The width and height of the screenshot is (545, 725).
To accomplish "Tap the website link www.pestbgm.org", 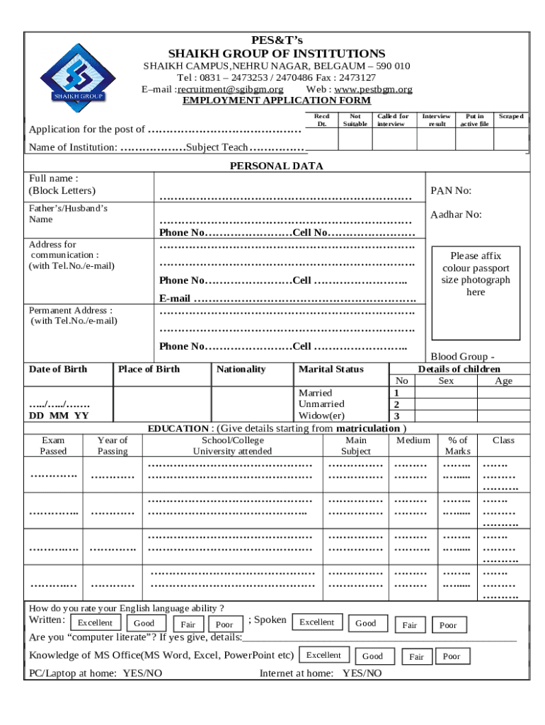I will (373, 89).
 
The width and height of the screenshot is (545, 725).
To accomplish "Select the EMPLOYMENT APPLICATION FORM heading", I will (277, 101).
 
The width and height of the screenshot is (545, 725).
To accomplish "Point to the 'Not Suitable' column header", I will (355, 120).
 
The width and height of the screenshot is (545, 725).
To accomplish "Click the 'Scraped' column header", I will (510, 116).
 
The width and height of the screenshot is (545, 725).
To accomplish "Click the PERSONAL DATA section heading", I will (276, 166).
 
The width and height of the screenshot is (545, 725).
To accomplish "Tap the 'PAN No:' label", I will (451, 191).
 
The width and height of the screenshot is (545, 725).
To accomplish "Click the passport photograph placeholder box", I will (476, 274).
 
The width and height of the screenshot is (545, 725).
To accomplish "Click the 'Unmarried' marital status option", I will (321, 404).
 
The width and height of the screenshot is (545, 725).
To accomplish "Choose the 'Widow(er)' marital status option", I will (321, 416).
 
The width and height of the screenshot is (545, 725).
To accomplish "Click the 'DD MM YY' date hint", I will (59, 416).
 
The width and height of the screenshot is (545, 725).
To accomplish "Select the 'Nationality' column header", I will (241, 369).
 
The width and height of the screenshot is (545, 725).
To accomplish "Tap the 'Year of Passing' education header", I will (113, 445).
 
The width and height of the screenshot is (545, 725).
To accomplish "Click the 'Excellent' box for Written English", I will (95, 623).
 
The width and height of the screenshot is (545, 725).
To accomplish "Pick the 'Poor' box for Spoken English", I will (448, 625).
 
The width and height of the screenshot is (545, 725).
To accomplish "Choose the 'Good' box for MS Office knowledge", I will (372, 656).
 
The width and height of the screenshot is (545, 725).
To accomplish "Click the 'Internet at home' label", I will (297, 673).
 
